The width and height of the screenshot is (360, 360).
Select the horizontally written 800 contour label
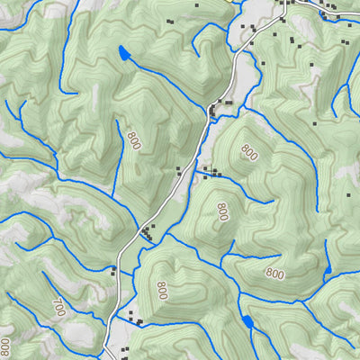[274, 273]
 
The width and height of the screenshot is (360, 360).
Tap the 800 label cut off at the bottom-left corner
[5, 347]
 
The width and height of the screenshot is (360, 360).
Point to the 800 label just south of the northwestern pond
[134, 140]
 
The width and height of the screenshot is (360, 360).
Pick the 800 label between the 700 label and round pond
[162, 291]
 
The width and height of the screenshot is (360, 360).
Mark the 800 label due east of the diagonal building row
[221, 211]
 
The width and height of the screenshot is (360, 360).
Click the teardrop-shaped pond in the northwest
[121, 55]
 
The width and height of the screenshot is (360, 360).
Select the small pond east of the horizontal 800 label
[328, 268]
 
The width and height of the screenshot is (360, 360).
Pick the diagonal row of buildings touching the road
[147, 234]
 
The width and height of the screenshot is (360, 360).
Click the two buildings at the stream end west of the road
[113, 269]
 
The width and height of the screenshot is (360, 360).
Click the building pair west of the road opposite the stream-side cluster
[180, 169]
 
